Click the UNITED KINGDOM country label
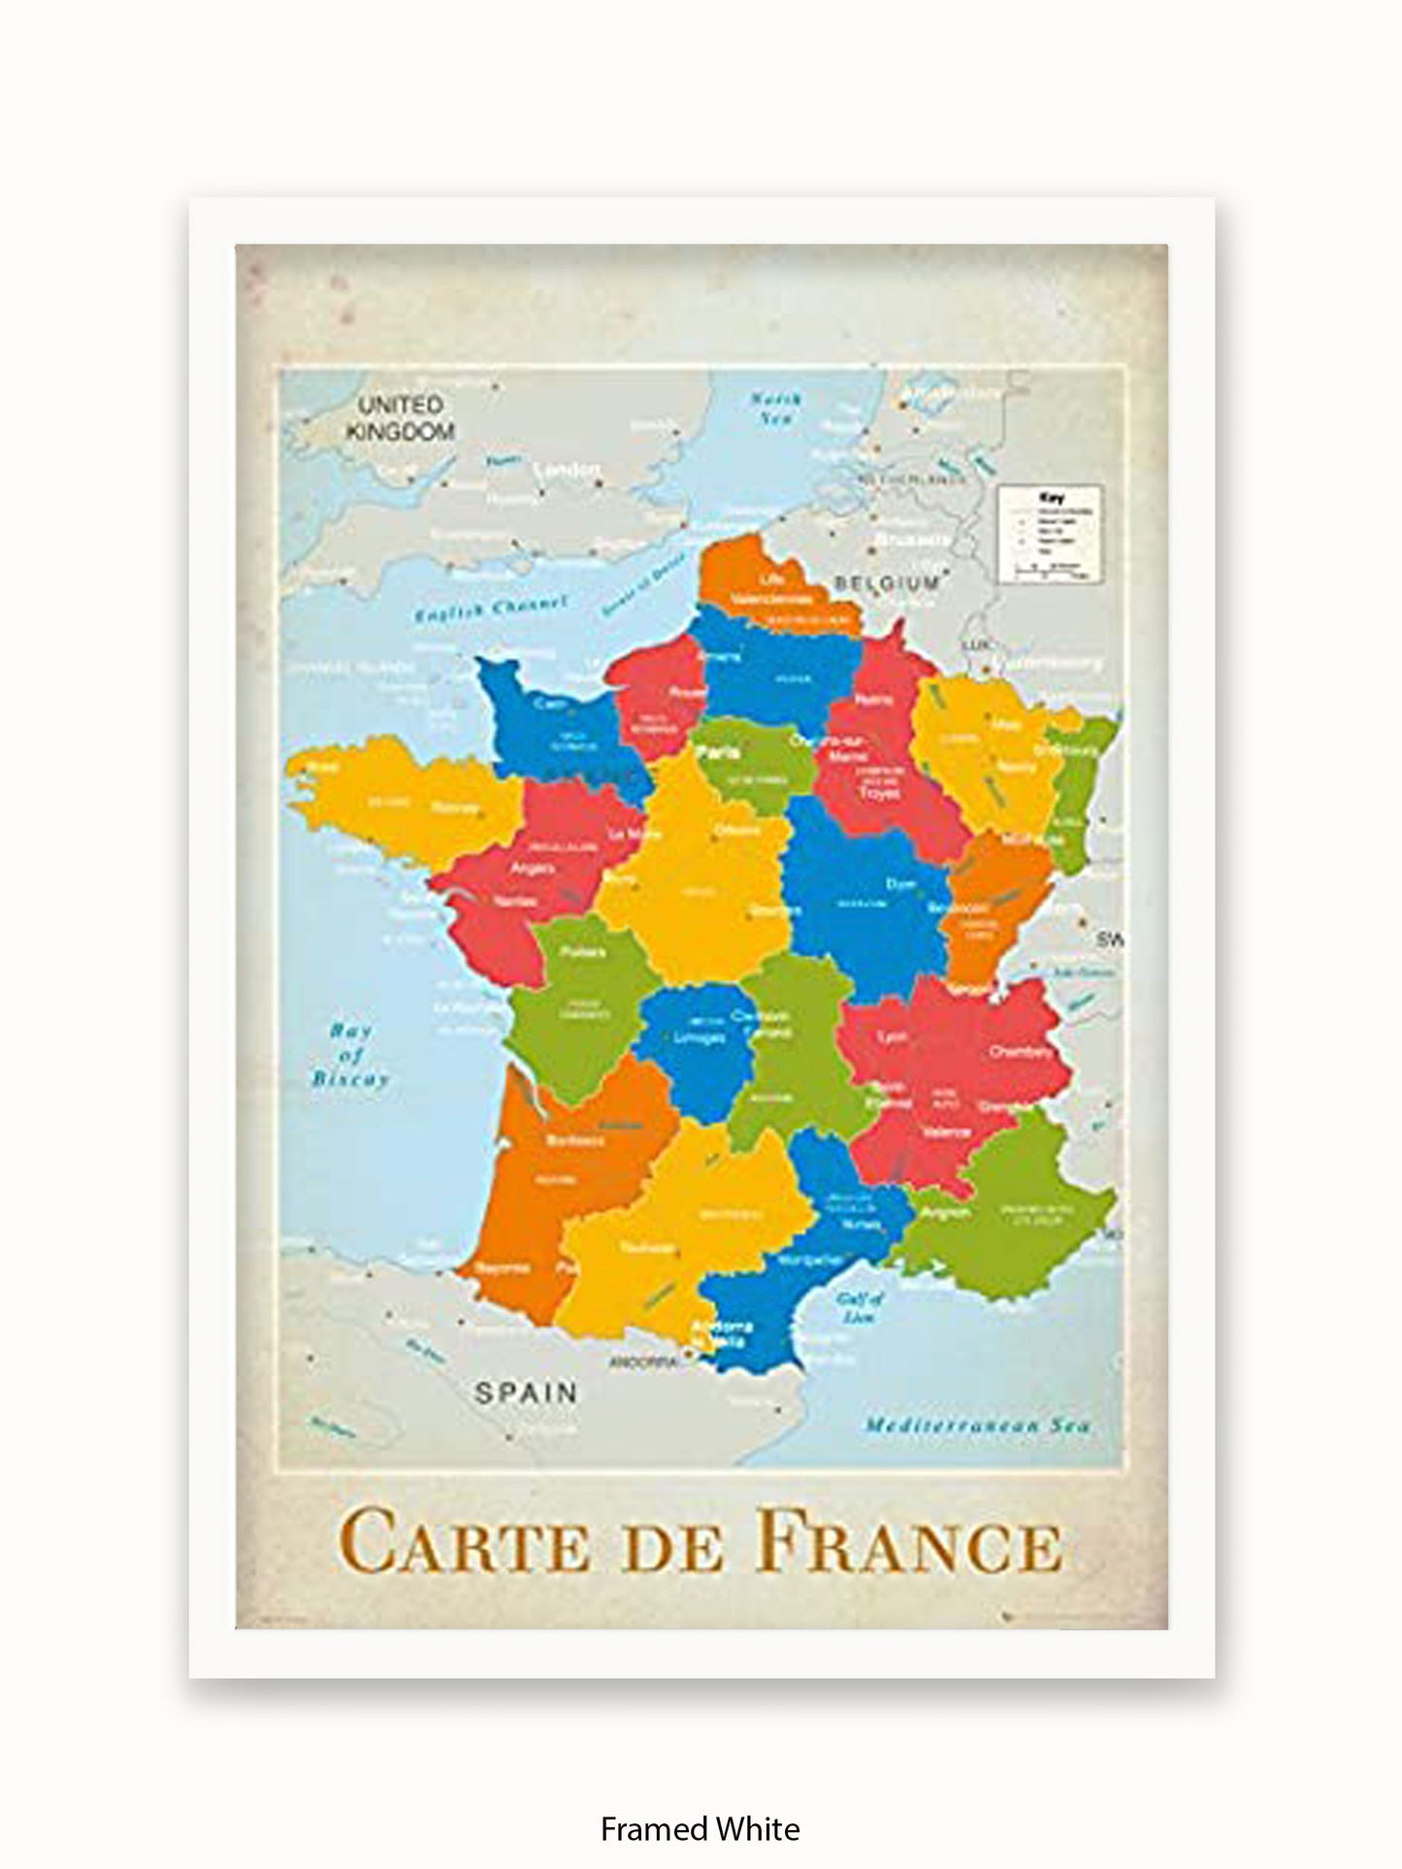400,418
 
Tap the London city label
569,471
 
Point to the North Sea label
775,409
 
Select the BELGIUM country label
886,583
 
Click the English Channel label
490,609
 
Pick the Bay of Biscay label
350,1054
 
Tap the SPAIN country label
525,1393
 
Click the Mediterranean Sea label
977,1426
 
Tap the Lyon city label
892,1036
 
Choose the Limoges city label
699,1037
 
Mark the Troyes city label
878,793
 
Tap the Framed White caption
700,1802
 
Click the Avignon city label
946,1212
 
